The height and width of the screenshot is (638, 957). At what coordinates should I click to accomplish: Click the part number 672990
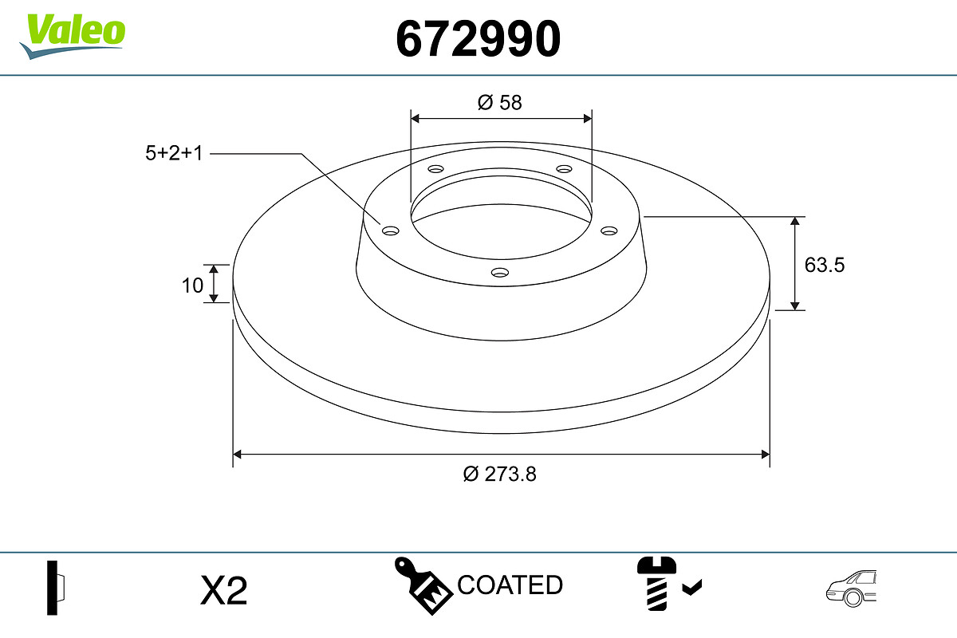(x=478, y=39)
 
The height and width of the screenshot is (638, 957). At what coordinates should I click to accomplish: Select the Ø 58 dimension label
(x=499, y=103)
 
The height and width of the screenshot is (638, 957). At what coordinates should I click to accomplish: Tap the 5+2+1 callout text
(x=174, y=153)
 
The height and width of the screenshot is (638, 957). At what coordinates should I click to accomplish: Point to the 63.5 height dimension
(x=825, y=265)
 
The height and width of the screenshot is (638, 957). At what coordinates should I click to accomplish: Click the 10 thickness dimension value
(x=192, y=286)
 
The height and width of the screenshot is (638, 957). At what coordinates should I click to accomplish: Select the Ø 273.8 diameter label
(x=499, y=474)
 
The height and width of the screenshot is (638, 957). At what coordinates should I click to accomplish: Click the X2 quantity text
(x=224, y=590)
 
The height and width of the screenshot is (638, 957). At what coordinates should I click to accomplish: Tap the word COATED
(x=510, y=585)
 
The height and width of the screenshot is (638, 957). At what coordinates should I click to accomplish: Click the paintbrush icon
(x=423, y=585)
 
